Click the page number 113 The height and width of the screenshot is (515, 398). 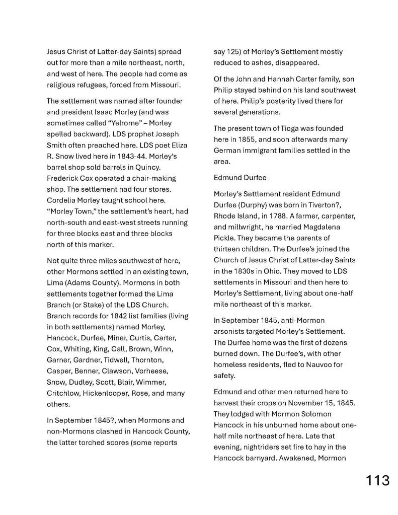(x=377, y=480)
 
